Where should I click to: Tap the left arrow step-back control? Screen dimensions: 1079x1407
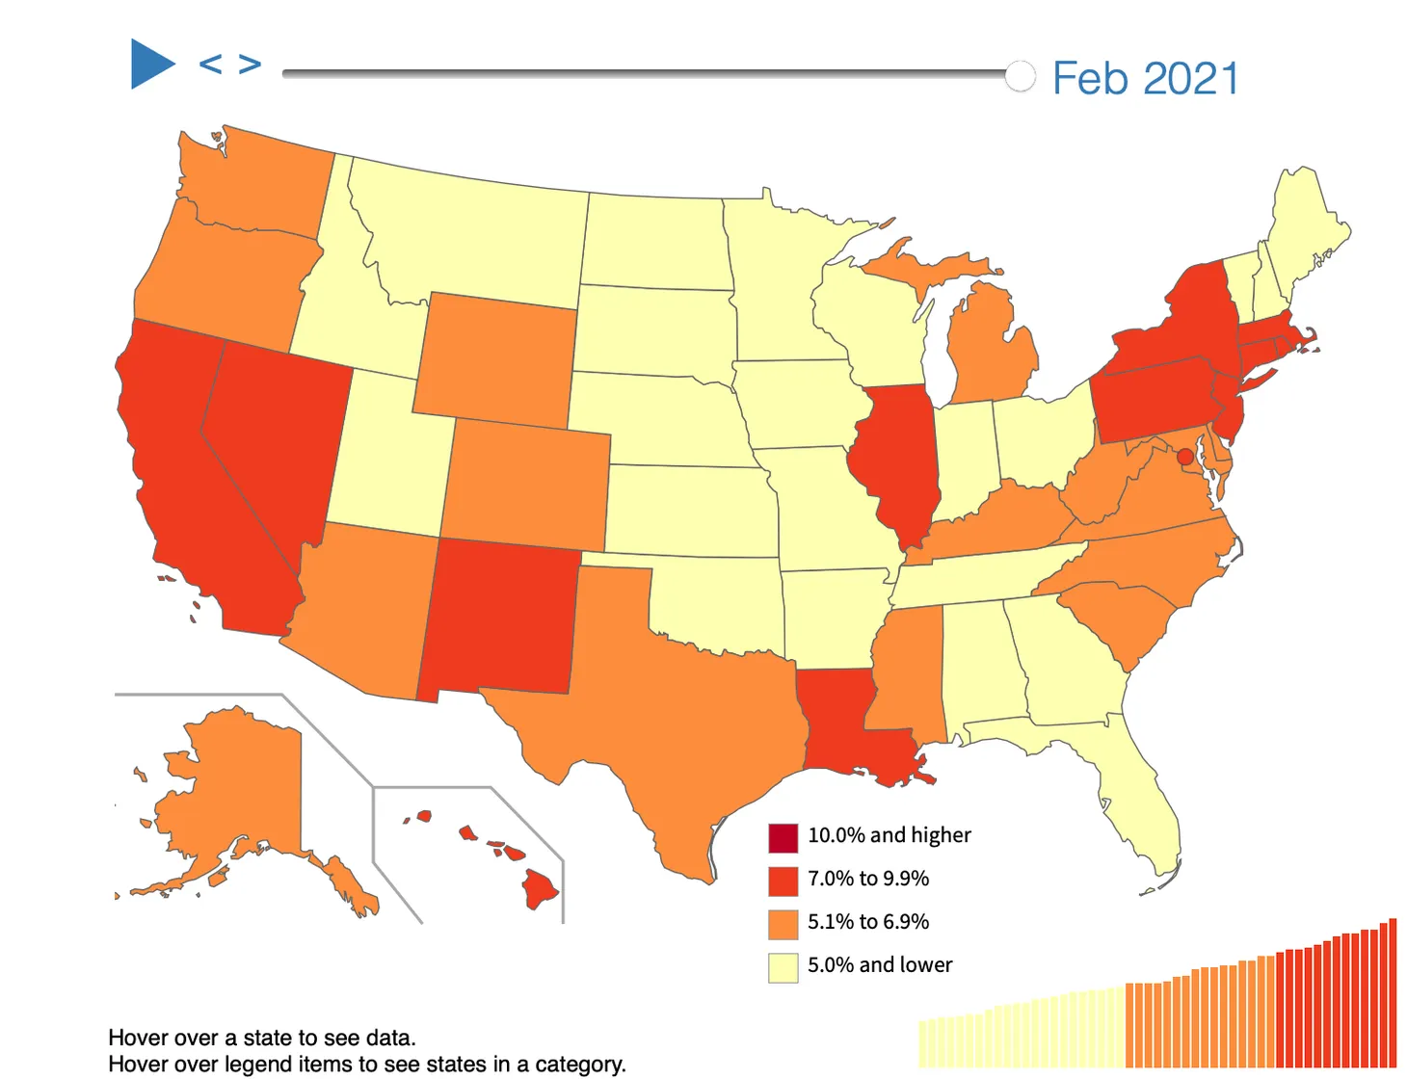[210, 65]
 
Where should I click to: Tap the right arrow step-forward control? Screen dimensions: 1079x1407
[251, 65]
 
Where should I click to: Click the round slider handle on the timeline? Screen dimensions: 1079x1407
[1020, 75]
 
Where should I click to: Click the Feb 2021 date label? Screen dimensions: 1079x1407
[1145, 78]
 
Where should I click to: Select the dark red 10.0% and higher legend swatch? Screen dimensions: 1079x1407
[783, 837]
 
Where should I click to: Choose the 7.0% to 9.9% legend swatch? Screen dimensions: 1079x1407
[783, 881]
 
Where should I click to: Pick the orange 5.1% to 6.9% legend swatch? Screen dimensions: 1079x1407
[783, 924]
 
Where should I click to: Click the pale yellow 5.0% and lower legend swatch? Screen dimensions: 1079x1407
[783, 967]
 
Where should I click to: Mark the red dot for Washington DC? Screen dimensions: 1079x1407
[1185, 457]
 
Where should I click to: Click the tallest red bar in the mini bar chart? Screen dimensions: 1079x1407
[1393, 992]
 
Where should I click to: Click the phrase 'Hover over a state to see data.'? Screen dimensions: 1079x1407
[262, 1038]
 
